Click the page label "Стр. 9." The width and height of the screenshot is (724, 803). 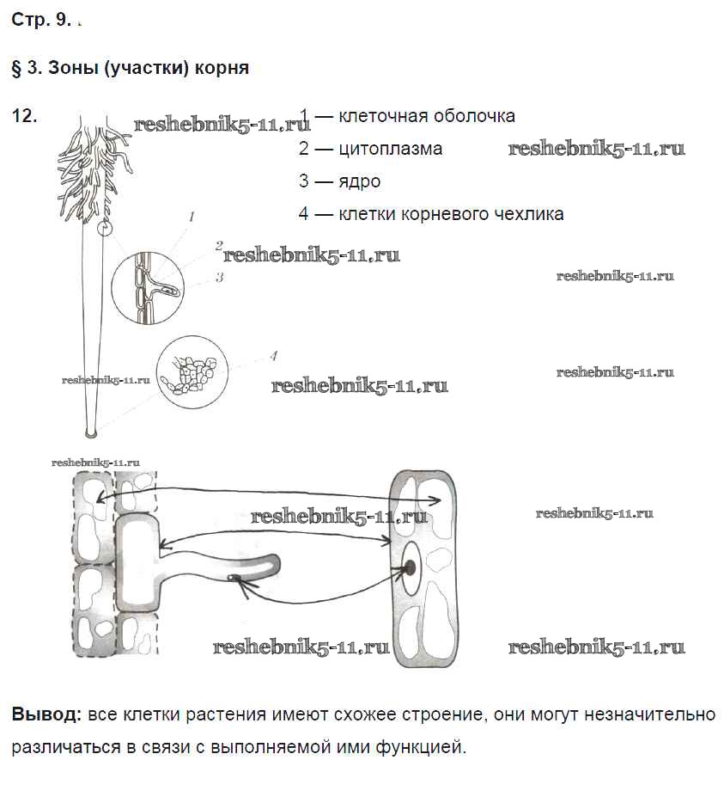pos(40,21)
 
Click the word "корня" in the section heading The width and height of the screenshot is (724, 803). pos(222,69)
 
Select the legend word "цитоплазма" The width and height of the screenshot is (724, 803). pos(391,149)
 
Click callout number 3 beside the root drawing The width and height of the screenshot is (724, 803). pos(220,277)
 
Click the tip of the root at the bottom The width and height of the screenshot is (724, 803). pos(92,430)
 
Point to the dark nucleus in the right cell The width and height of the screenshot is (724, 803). pos(410,567)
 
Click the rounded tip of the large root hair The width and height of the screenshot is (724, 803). pos(273,563)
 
